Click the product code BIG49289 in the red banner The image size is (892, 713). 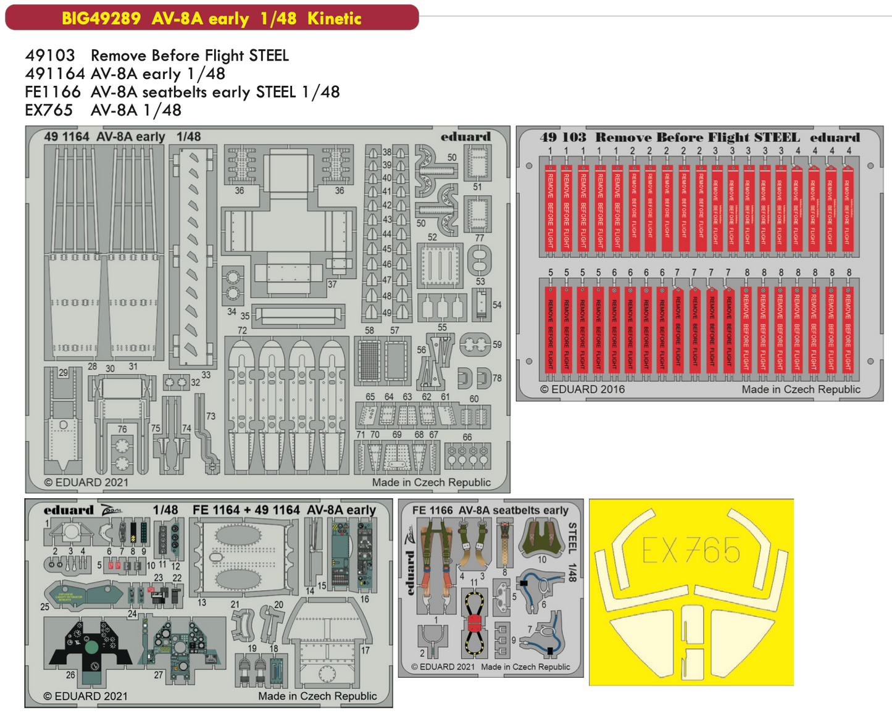tap(101, 18)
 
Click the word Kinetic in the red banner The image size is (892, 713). tap(334, 18)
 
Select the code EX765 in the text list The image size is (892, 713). tap(49, 110)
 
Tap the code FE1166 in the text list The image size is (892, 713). tap(52, 92)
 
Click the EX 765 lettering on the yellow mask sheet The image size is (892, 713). tap(691, 549)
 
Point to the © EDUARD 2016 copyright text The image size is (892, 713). tap(582, 390)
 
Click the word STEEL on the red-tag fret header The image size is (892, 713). tap(777, 137)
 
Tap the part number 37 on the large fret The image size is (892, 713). tap(332, 284)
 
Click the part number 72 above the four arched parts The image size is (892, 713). tap(242, 331)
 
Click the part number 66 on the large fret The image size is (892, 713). tap(467, 437)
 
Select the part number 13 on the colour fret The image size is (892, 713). tap(202, 602)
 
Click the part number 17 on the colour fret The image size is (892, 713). tap(365, 650)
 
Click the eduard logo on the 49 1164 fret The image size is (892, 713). tap(465, 136)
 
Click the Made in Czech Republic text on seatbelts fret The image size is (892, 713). tap(525, 667)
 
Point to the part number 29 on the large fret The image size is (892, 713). tap(63, 373)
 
